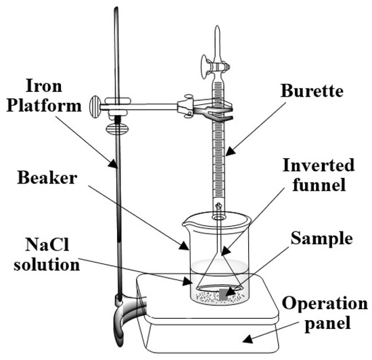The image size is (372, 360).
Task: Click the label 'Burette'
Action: [x=312, y=91]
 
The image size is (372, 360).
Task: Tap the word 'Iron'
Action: [x=44, y=85]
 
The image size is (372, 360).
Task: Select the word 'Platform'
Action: [x=44, y=106]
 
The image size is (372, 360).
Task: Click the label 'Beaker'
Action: [x=47, y=178]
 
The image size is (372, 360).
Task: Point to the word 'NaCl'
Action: [x=47, y=244]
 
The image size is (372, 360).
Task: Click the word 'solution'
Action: [x=47, y=265]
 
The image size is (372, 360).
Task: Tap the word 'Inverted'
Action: [x=319, y=165]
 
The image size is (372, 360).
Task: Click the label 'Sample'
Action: [x=322, y=238]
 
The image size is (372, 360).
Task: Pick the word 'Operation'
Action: [x=325, y=304]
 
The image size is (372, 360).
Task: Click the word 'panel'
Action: [x=327, y=323]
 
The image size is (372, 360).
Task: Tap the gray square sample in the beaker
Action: [x=223, y=294]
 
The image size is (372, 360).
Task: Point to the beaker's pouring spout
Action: [x=185, y=224]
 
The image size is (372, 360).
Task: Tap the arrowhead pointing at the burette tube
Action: [x=231, y=151]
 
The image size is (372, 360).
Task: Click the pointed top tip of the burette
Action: [x=217, y=26]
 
